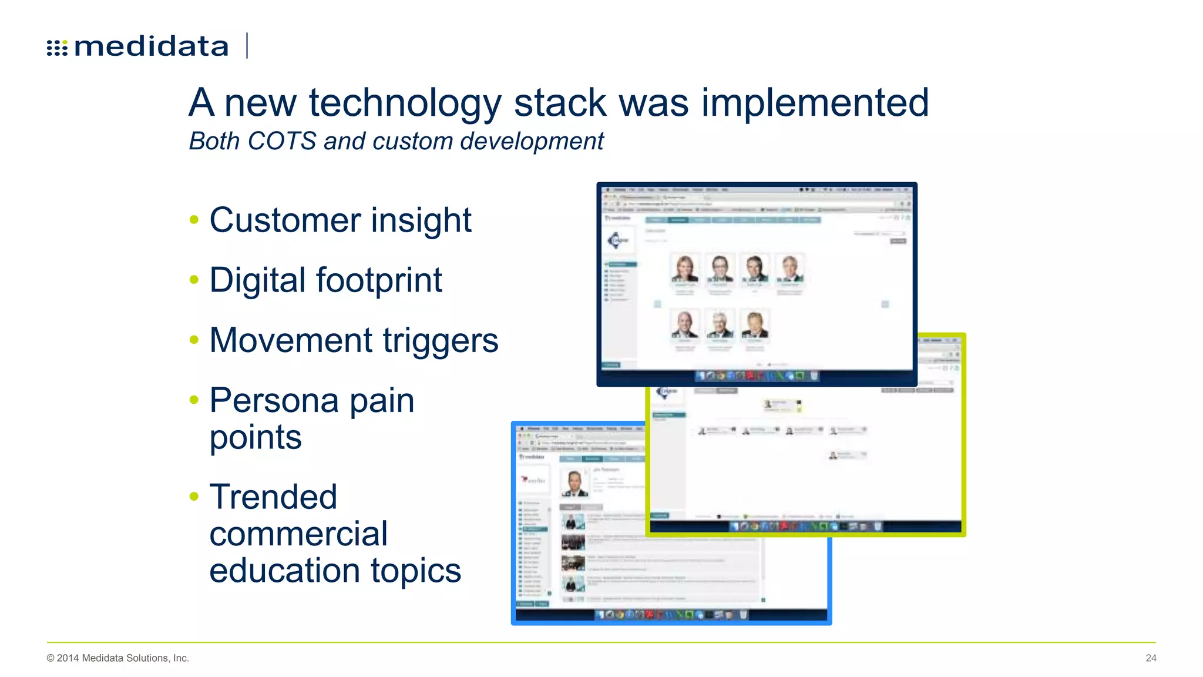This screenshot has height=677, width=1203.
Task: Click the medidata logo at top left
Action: click(138, 46)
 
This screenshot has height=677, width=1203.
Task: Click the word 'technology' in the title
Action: click(405, 103)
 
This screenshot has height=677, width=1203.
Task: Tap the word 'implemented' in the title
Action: click(815, 103)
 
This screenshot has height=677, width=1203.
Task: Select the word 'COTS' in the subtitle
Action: click(282, 142)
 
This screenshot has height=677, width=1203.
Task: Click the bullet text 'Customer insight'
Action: click(340, 220)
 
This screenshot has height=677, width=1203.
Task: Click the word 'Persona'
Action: click(274, 401)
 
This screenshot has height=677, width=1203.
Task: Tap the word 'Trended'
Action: click(273, 497)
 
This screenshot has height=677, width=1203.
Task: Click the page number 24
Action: click(1151, 658)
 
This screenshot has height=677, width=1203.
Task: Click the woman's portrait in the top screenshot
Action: click(684, 269)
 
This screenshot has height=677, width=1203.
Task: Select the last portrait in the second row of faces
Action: click(754, 325)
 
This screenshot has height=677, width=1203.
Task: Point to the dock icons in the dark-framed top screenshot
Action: click(757, 376)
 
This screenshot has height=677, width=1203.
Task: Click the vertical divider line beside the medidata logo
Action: click(247, 46)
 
